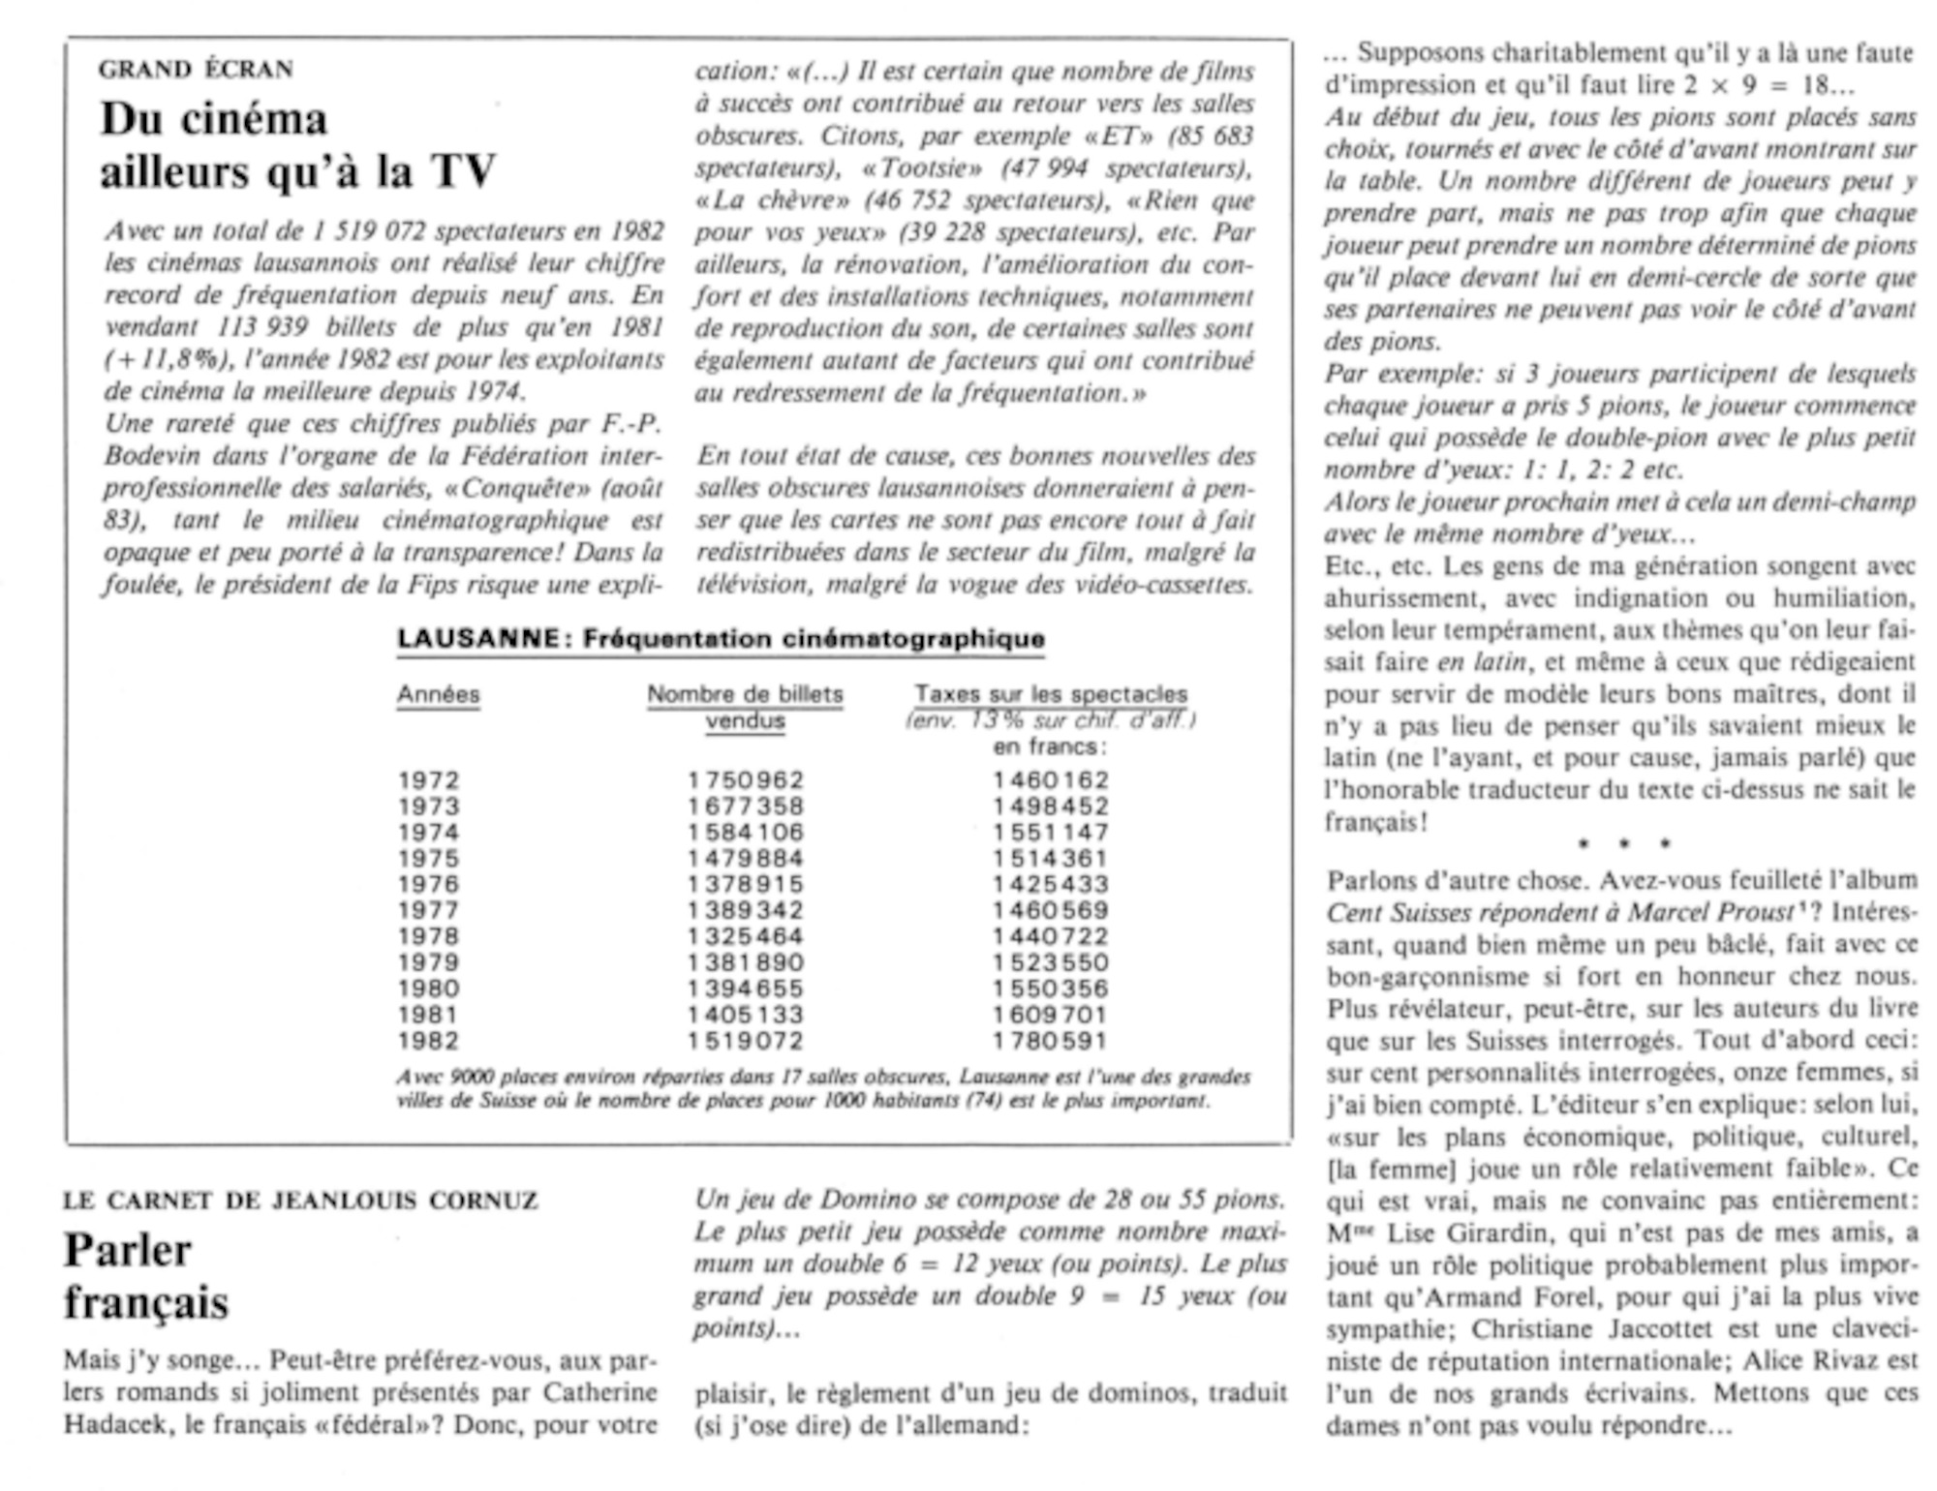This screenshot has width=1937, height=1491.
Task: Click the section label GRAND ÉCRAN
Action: (196, 70)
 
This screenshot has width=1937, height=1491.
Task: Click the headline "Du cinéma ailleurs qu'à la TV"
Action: (297, 145)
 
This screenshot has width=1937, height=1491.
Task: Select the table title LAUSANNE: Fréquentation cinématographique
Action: (721, 639)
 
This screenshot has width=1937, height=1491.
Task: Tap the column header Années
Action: (438, 695)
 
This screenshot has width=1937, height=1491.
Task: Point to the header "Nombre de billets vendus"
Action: (745, 708)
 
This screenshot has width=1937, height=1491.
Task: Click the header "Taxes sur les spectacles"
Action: (1051, 695)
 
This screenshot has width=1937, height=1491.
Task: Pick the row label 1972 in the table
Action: (429, 780)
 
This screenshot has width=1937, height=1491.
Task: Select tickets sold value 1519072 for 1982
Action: (746, 1042)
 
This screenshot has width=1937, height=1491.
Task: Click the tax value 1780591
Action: (1051, 1042)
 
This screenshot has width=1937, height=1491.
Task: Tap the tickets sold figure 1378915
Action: (746, 885)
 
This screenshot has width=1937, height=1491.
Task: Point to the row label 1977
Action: (429, 911)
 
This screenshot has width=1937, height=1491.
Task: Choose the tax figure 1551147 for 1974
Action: (1051, 833)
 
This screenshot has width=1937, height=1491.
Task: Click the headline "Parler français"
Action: (145, 1276)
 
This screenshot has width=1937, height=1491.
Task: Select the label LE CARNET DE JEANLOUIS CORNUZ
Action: (300, 1202)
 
